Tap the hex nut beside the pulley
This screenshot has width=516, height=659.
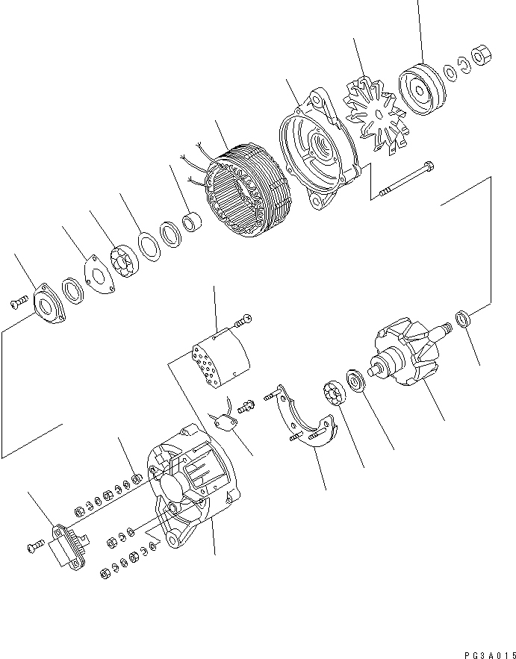pos(482,56)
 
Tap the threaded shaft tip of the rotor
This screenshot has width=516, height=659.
pos(446,327)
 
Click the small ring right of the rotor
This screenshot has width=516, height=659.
pos(464,319)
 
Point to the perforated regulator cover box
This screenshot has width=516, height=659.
pos(220,359)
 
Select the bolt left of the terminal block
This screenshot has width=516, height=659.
pos(34,548)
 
